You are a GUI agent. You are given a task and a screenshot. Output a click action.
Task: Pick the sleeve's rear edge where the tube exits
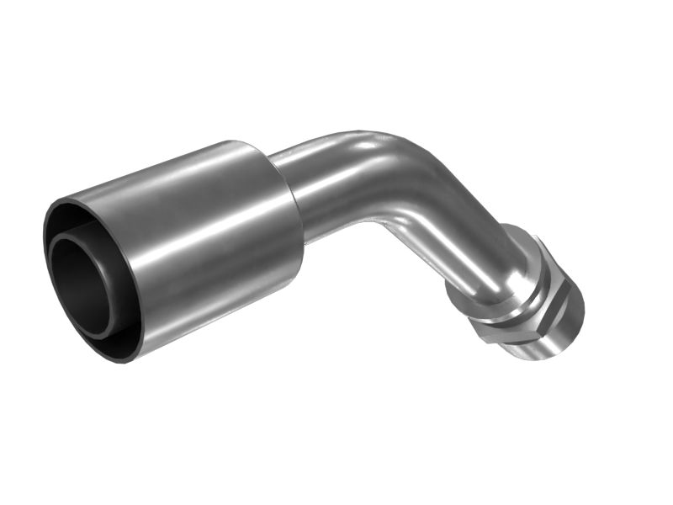click(290, 210)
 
